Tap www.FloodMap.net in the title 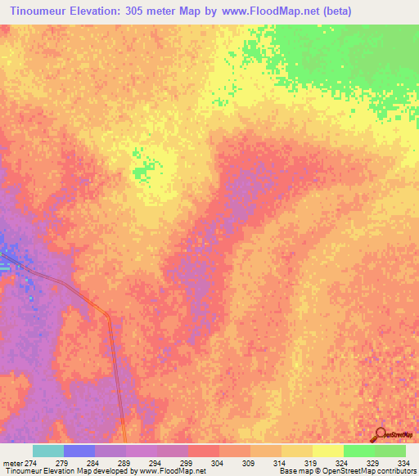(264, 11)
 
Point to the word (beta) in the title (333, 11)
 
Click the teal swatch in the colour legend (48, 451)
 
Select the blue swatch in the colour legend (79, 451)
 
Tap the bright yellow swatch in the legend (327, 451)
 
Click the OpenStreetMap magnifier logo (381, 433)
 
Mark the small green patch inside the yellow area (144, 171)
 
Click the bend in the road (107, 315)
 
